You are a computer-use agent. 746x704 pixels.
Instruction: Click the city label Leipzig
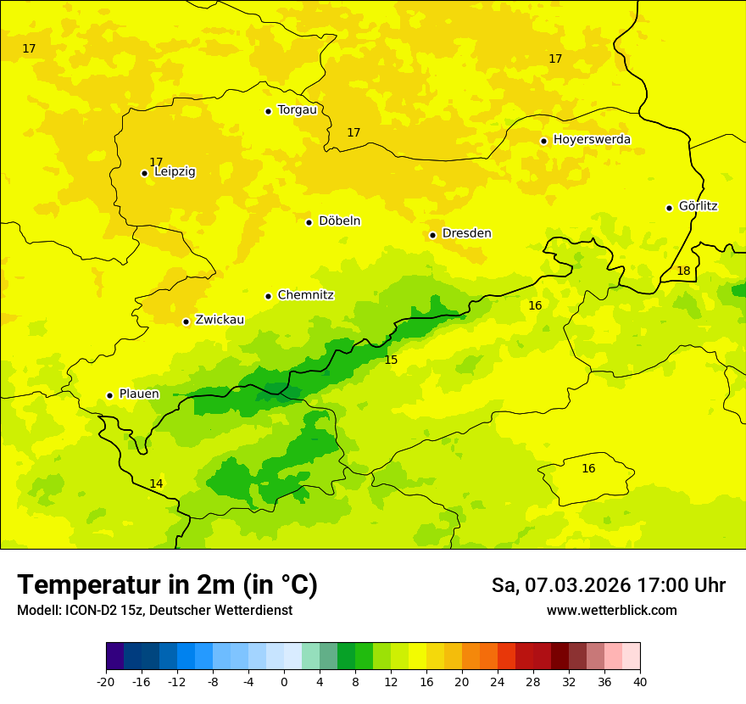point(175,172)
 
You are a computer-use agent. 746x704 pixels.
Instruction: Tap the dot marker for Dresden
point(432,235)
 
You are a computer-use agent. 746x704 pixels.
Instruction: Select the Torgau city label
point(297,110)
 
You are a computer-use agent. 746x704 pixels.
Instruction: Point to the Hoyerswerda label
point(592,140)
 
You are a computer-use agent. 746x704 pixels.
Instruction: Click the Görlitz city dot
point(669,208)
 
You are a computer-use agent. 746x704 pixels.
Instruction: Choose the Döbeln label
point(339,221)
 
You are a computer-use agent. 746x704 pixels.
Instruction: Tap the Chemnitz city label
point(305,296)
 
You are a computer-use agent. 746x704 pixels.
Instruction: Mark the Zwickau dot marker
point(186,321)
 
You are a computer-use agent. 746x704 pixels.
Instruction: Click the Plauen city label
point(139,394)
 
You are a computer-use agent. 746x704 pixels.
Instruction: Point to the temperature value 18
point(683,271)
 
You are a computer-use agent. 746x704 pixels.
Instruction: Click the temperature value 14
point(156,484)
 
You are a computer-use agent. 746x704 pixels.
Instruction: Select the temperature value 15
point(391,360)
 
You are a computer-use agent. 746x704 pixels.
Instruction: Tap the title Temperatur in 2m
point(167,585)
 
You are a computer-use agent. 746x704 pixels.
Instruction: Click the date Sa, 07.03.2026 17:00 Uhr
point(609,585)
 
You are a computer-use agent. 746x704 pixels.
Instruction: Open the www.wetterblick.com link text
point(611,611)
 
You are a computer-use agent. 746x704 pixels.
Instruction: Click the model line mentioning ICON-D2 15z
point(154,611)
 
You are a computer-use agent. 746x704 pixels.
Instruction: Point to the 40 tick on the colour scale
point(640,681)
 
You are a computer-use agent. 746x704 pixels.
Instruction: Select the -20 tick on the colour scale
point(106,681)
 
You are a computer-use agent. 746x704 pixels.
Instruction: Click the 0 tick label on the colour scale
point(284,681)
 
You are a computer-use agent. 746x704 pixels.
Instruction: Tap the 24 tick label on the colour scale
point(498,681)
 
